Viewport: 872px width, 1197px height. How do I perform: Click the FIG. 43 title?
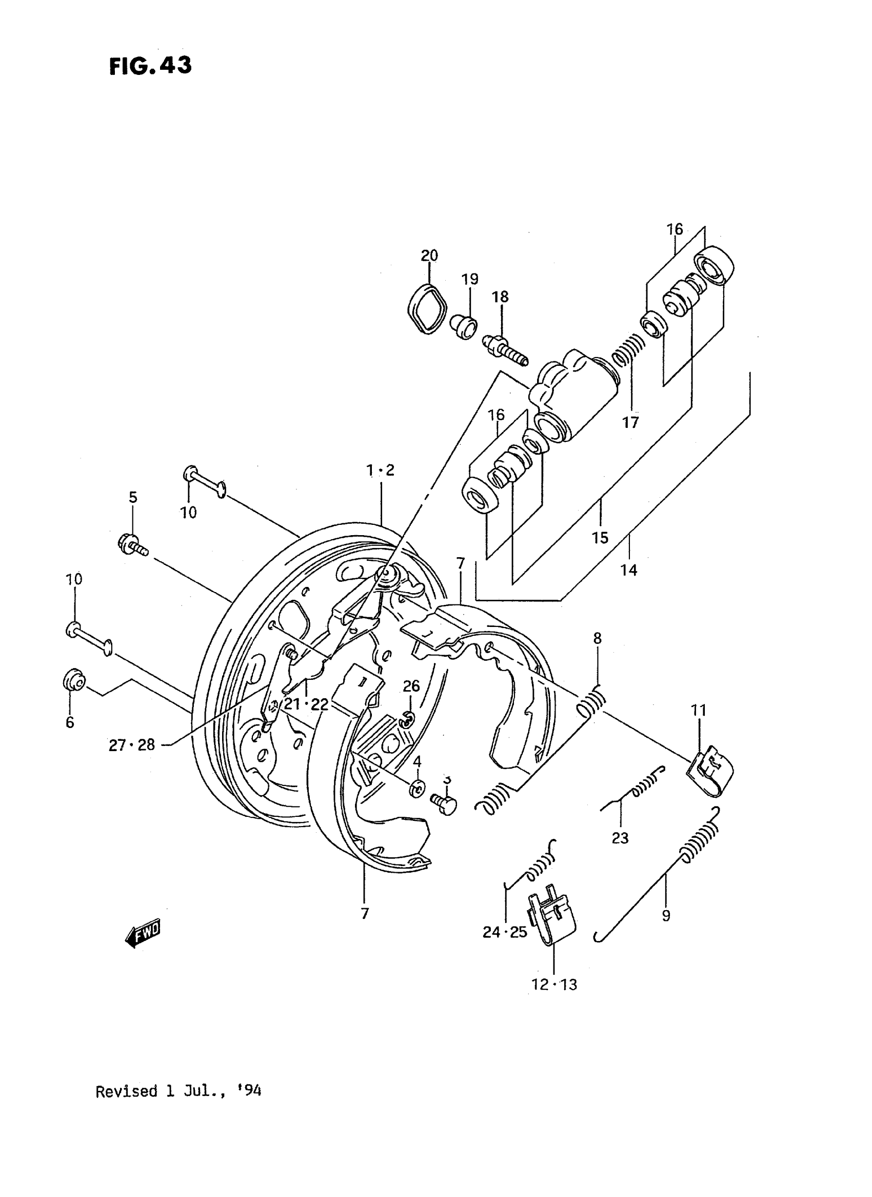150,66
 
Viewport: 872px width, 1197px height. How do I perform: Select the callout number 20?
429,256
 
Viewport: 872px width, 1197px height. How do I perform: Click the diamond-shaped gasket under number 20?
427,309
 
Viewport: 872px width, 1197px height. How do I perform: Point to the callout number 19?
470,279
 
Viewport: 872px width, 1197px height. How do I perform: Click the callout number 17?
630,422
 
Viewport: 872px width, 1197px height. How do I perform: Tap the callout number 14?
628,570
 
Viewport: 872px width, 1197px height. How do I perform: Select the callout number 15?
600,538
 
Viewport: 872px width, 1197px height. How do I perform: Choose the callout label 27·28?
131,745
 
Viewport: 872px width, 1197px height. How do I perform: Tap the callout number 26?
411,686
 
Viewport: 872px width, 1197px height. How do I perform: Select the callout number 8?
597,638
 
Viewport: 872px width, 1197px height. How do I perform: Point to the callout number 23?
620,838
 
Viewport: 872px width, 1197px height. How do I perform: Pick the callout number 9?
666,915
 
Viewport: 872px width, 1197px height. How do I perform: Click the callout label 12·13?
554,984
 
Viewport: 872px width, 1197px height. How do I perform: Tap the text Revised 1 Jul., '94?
178,1091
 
